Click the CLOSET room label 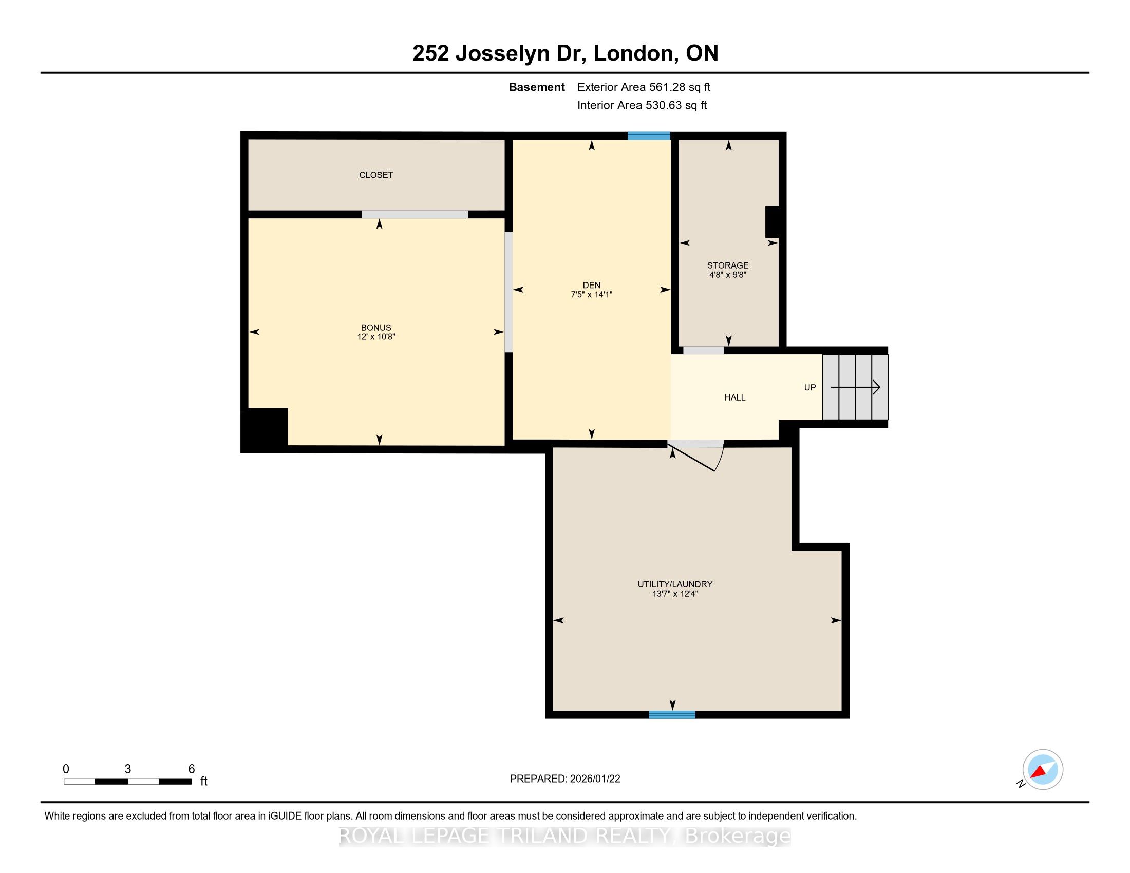(x=376, y=175)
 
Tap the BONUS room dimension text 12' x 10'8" (x=376, y=337)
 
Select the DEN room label (x=591, y=285)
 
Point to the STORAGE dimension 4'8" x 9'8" (x=728, y=275)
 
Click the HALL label (x=734, y=397)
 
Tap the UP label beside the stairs (x=809, y=387)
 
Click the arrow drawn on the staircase (x=855, y=387)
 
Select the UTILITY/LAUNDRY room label (x=675, y=584)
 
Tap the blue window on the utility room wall (x=672, y=715)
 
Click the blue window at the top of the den (x=649, y=136)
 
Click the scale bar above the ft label (x=128, y=782)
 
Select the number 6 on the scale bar (x=192, y=769)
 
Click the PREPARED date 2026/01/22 (x=594, y=779)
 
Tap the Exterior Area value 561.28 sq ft (x=680, y=87)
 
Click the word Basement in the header (x=537, y=87)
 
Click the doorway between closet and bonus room (x=415, y=214)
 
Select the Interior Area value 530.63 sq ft (x=676, y=105)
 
